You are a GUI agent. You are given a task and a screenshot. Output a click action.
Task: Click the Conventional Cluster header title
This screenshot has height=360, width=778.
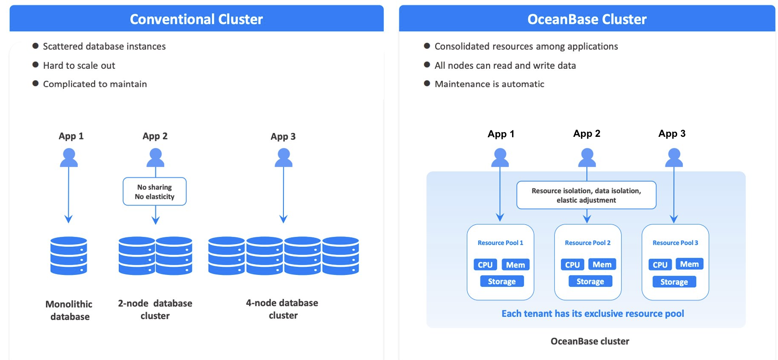[x=196, y=19]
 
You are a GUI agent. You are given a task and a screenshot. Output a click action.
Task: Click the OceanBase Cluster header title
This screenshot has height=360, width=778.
[x=586, y=19]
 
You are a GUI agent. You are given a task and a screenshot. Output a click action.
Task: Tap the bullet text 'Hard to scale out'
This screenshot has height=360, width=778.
[x=79, y=65]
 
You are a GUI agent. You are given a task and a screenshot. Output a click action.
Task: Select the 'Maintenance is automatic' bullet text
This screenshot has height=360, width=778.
[x=489, y=84]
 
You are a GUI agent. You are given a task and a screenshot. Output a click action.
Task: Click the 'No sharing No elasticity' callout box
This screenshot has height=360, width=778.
[x=155, y=192]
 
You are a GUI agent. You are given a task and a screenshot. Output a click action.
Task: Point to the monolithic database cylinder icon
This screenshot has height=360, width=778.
[x=69, y=256]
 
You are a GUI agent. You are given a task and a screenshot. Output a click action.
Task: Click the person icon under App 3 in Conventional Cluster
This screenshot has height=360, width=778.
[x=283, y=158]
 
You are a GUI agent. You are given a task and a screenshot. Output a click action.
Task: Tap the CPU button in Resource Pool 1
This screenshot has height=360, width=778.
[x=485, y=265]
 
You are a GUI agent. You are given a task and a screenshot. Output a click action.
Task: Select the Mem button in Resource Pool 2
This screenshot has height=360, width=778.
[x=602, y=264]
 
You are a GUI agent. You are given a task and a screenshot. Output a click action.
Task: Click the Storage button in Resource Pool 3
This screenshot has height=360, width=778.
[x=674, y=282]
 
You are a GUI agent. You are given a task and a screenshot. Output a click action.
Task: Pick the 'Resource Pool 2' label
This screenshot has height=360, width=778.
[x=587, y=243]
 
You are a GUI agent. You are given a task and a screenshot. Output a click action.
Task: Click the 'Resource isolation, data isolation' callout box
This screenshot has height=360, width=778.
[x=586, y=195]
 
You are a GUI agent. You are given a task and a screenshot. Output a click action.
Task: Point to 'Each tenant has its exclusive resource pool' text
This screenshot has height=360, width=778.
[x=592, y=313]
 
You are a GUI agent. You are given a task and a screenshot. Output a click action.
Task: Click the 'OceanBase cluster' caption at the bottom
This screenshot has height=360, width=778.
[x=589, y=341]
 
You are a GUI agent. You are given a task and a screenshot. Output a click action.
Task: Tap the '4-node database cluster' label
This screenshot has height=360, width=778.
[x=282, y=309]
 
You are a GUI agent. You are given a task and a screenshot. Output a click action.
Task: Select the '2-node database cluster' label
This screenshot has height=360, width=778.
[x=155, y=309]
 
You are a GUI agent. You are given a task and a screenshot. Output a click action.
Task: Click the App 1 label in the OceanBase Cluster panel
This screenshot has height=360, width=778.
[x=501, y=134]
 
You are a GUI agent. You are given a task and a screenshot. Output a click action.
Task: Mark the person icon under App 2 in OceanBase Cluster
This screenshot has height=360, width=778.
[x=587, y=158]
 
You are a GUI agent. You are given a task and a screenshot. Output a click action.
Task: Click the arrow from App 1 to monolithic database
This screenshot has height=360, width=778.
[x=68, y=192]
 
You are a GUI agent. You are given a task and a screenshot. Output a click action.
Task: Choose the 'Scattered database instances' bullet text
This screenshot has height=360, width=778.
[x=104, y=46]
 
